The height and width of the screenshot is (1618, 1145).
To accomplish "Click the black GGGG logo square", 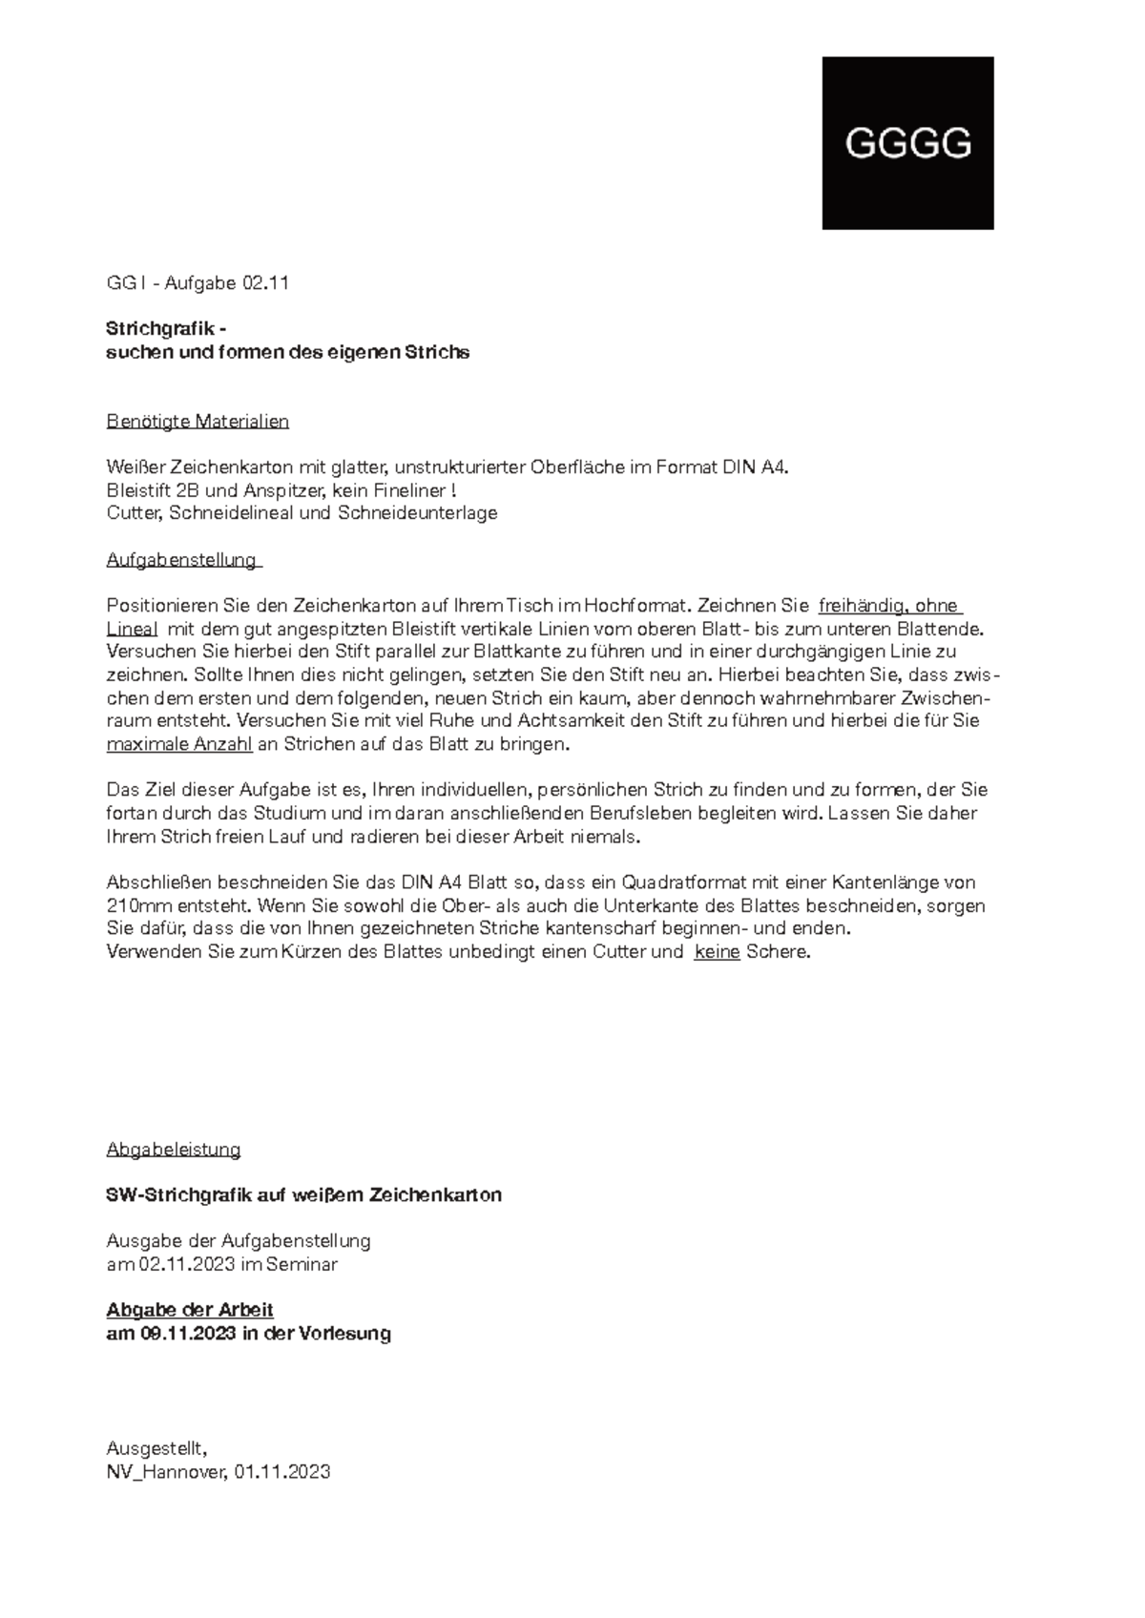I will click(907, 143).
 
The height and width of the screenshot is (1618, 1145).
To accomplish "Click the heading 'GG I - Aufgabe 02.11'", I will click(198, 283).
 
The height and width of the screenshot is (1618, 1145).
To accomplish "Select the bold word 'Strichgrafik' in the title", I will click(161, 329).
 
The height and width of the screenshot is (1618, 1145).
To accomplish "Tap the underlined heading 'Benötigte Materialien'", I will click(198, 421).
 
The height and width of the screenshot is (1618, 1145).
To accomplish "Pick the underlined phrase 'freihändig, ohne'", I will click(888, 606).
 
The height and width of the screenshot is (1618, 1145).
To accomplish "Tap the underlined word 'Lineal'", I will click(132, 629).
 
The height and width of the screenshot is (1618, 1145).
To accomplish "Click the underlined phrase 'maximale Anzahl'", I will click(179, 744).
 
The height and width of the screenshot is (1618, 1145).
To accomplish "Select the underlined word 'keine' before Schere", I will click(717, 952).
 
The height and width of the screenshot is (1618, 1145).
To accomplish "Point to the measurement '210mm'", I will click(134, 905).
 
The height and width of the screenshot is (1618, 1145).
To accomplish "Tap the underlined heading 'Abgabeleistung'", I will click(174, 1149).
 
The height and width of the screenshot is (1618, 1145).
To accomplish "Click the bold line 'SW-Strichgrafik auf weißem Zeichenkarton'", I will click(303, 1194).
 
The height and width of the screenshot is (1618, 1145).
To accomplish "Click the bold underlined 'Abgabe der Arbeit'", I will click(190, 1310).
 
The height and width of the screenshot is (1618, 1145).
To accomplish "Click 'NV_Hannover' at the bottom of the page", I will click(166, 1471).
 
